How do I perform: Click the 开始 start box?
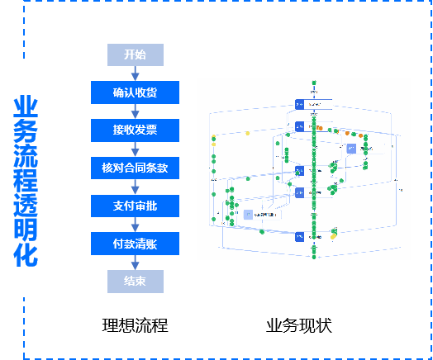[136, 55]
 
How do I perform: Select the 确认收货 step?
[136, 92]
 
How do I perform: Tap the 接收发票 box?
[136, 130]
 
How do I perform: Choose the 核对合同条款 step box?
[136, 168]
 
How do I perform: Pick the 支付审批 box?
[136, 205]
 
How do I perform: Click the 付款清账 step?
[136, 243]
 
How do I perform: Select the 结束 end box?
[136, 281]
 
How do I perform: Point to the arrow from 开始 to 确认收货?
[136, 73]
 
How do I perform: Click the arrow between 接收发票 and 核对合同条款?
[136, 149]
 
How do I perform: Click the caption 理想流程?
[135, 325]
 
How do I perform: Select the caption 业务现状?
[298, 325]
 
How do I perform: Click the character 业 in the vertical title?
[26, 107]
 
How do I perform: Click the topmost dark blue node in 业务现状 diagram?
[300, 104]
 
